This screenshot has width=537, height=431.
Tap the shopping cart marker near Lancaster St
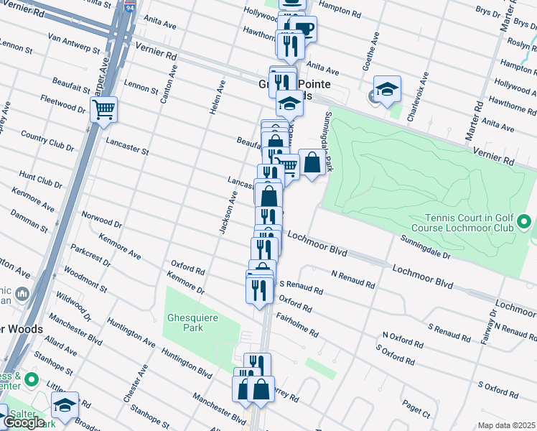click(x=103, y=111)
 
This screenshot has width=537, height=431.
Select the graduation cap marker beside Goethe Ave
click(x=387, y=89)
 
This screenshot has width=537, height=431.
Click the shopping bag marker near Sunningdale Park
click(x=312, y=162)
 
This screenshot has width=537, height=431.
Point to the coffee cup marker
click(x=304, y=29)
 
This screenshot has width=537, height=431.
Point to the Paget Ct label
click(x=416, y=410)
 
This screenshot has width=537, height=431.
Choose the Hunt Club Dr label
click(x=40, y=180)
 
